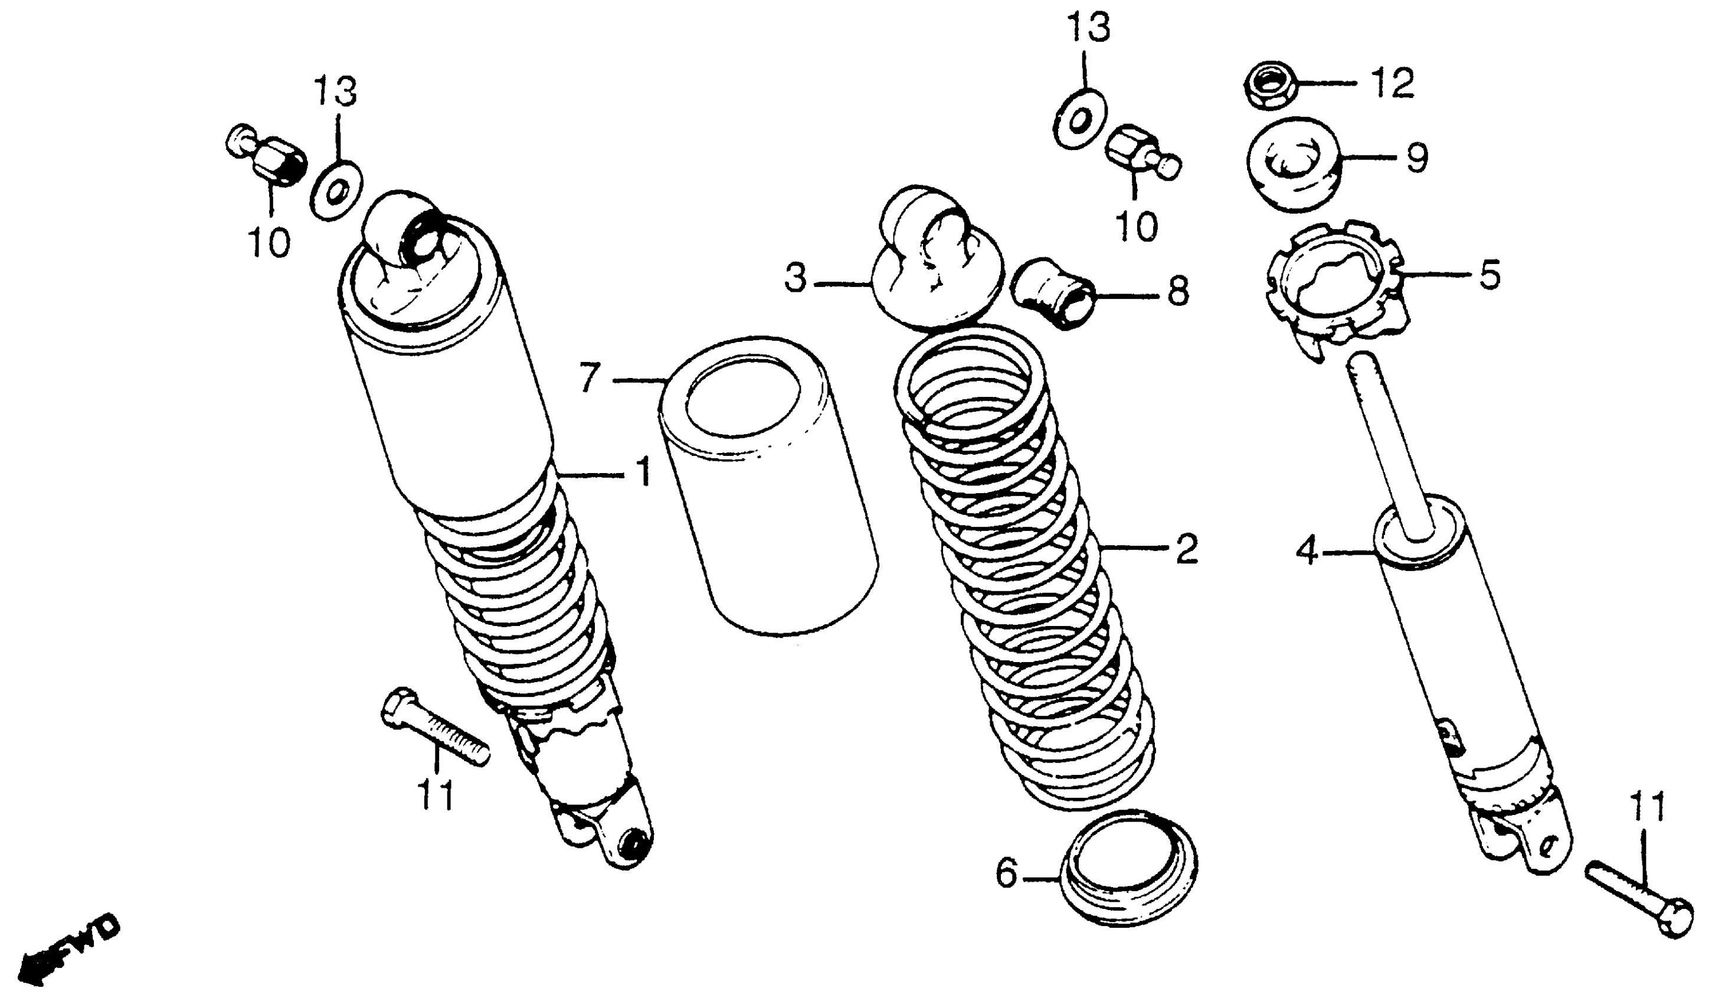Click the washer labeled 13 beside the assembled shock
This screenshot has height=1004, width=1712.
click(x=336, y=191)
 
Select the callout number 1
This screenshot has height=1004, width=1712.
click(x=642, y=473)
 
